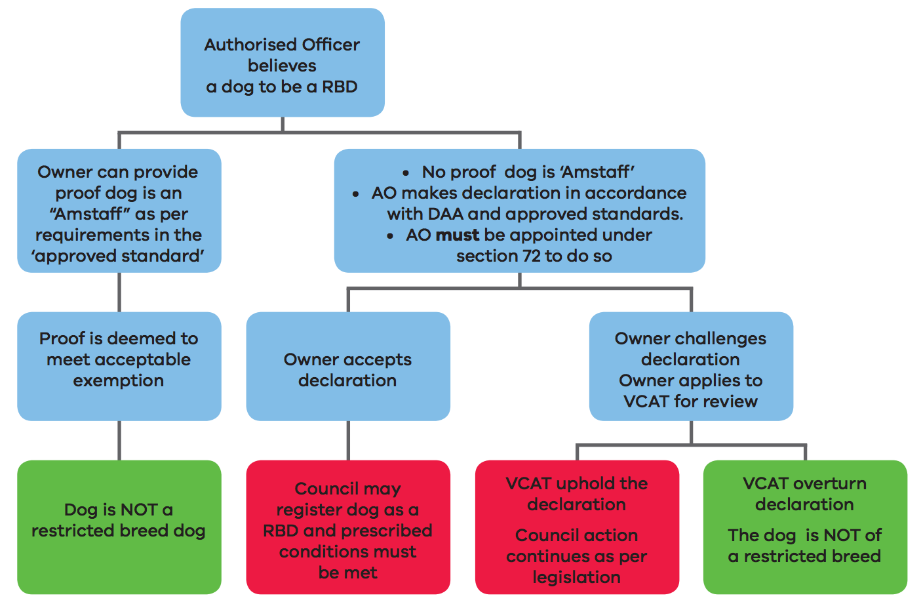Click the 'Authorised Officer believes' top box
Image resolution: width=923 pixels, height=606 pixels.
(x=282, y=63)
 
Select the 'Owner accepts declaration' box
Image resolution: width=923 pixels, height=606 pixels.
(x=347, y=367)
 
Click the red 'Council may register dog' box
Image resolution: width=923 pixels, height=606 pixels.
(x=347, y=528)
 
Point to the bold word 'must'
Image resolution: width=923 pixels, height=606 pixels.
(x=458, y=235)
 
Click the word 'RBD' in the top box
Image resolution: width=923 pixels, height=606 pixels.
(x=340, y=87)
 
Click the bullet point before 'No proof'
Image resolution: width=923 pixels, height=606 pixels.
(x=406, y=173)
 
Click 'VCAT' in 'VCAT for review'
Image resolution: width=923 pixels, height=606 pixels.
(x=646, y=401)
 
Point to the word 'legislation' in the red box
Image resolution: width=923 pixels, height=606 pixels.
(x=577, y=577)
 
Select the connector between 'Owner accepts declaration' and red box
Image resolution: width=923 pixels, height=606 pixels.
(x=348, y=440)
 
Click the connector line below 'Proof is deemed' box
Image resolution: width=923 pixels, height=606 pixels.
(x=119, y=440)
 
